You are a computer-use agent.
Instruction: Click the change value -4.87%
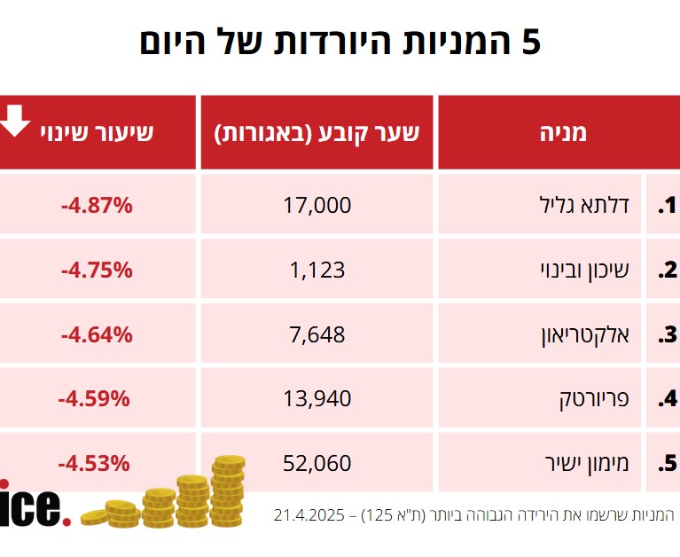(x=97, y=206)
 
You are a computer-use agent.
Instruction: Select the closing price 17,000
(x=317, y=206)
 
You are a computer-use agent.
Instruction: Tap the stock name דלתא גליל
(x=585, y=206)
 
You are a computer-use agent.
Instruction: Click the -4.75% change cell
(x=97, y=271)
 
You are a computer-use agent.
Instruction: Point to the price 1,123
(x=317, y=271)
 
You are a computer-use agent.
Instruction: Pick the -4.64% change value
(x=97, y=334)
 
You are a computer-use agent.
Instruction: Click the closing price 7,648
(x=317, y=334)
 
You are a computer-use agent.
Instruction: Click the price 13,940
(x=317, y=398)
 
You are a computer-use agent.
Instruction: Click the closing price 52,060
(x=317, y=463)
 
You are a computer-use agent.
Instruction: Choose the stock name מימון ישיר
(x=586, y=463)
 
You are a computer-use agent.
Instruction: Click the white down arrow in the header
(x=15, y=121)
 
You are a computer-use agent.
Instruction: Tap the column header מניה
(x=564, y=133)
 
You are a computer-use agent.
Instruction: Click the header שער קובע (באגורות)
(x=317, y=133)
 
